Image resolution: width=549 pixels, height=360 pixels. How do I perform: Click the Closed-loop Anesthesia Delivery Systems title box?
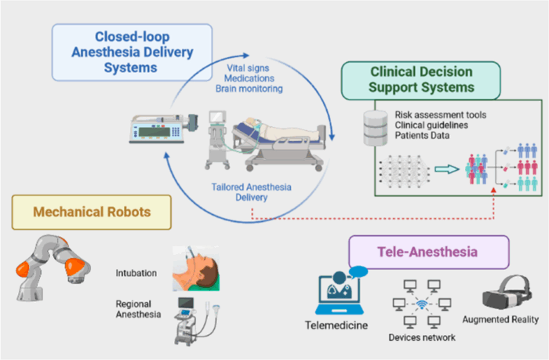[132, 53]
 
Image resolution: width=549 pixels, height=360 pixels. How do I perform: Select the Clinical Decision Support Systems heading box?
[421, 81]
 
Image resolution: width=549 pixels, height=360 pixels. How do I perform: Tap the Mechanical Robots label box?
[92, 213]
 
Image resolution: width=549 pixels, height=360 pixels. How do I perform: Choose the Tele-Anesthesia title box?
[429, 252]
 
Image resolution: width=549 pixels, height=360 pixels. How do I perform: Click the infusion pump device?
[164, 128]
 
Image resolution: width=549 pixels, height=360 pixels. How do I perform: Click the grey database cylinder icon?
[376, 128]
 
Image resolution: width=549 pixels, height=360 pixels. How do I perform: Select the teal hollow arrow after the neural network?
[447, 169]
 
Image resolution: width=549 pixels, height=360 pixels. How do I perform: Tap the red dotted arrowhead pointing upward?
[493, 190]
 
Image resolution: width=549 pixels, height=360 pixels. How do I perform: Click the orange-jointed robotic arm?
[53, 267]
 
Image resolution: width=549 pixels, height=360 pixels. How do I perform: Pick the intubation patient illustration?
[196, 268]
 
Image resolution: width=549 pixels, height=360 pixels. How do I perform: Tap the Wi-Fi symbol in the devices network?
[422, 304]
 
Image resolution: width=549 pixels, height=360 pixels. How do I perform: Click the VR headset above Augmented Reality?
[507, 293]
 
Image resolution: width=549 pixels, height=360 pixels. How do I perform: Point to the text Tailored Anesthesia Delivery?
[252, 192]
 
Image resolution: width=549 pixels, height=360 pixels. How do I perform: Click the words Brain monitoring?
[249, 89]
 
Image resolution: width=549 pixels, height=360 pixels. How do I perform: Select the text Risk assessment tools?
[441, 115]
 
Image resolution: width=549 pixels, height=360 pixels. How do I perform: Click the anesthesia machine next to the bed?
[218, 140]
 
